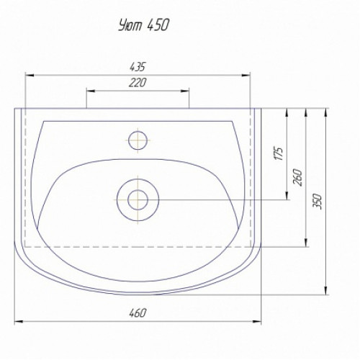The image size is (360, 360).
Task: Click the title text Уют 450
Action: click(144, 25)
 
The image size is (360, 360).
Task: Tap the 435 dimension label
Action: click(138, 67)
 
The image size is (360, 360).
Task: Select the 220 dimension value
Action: click(138, 83)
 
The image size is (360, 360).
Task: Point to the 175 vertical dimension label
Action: click(278, 153)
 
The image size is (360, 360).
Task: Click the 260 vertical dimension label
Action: click(298, 177)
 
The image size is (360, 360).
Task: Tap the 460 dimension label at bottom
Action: click(138, 313)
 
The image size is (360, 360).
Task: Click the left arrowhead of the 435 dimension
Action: click(29, 76)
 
